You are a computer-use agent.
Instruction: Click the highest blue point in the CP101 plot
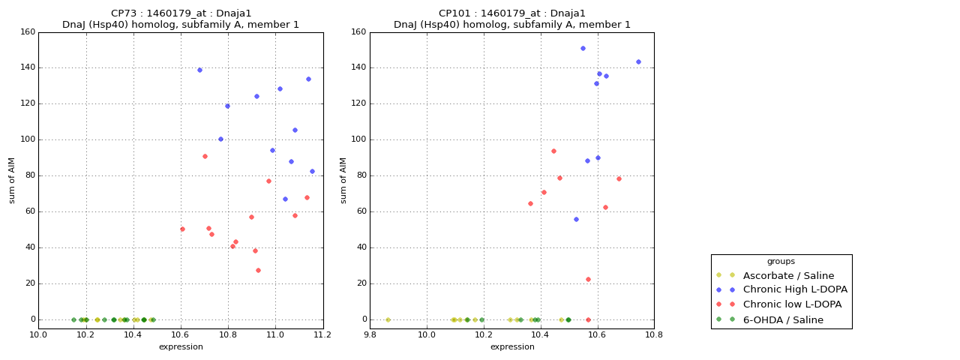583,48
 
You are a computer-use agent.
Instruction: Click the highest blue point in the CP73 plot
199,70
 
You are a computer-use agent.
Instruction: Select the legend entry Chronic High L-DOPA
795,289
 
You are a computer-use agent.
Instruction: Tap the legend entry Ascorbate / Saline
788,275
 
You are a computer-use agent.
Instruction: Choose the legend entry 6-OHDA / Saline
783,319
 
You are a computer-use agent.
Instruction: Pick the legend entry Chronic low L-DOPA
792,304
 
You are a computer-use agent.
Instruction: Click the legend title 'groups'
781,261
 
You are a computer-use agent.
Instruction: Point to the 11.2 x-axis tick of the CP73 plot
323,334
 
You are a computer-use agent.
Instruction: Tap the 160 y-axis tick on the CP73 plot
27,32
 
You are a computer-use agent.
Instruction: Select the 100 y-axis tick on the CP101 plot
358,139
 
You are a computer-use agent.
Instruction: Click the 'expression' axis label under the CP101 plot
512,346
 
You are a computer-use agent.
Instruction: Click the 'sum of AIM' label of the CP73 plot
12,180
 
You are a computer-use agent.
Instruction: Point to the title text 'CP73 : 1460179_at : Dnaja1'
181,13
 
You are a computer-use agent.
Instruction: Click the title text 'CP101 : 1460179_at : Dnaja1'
512,13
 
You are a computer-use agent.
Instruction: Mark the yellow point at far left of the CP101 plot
388,319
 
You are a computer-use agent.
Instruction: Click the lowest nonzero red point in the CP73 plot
258,270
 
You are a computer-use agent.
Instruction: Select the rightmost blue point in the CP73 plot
312,171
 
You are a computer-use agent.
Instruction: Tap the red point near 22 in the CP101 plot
588,279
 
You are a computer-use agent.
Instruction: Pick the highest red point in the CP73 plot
205,156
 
